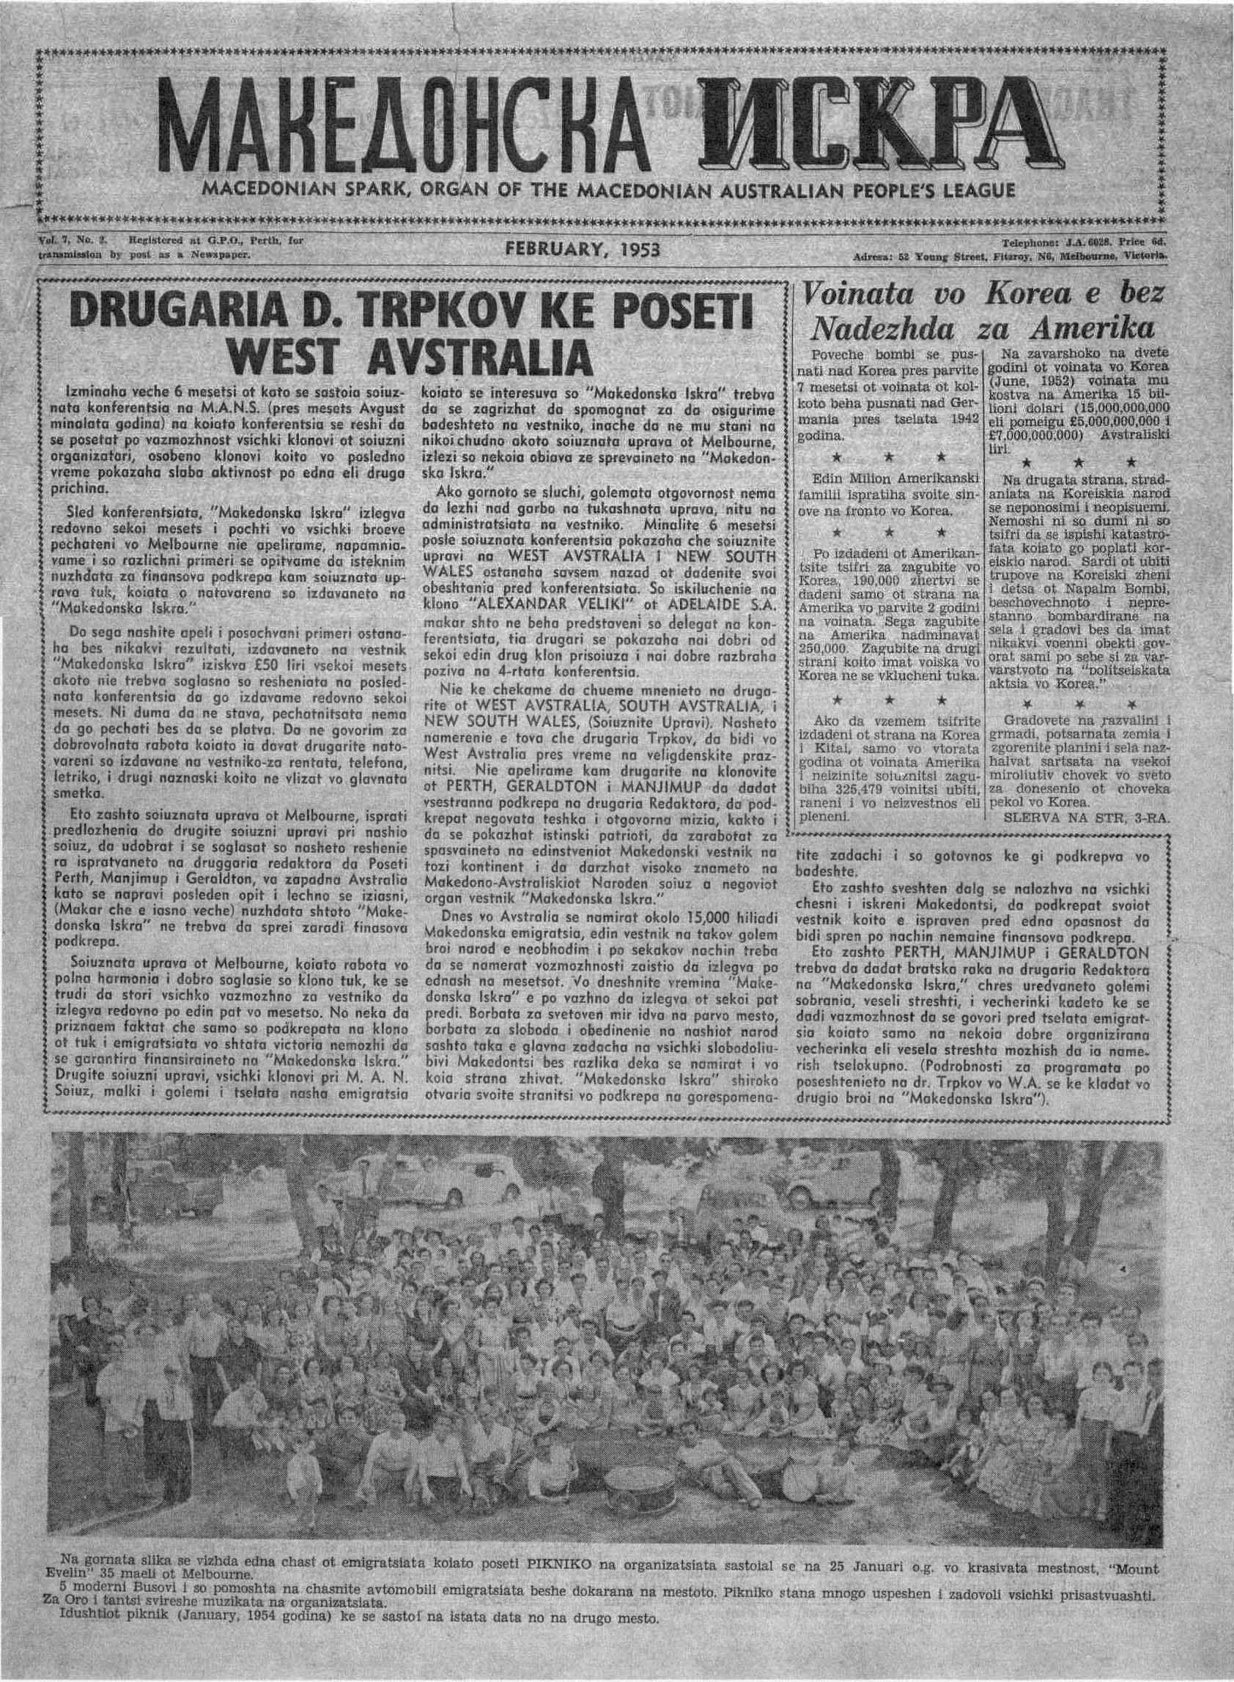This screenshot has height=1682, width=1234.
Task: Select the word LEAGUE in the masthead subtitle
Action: pyautogui.click(x=969, y=191)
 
